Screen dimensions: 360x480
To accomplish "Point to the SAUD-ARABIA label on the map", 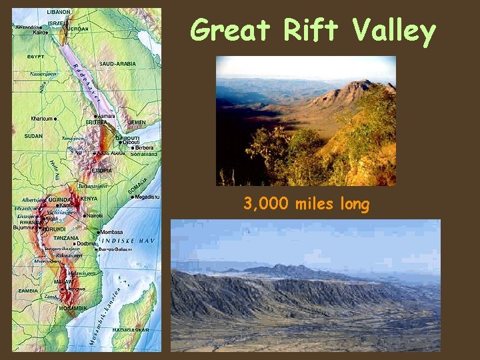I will pos(117,64).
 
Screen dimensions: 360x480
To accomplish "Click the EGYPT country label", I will pos(36,57).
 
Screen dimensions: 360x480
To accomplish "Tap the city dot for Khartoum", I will pos(56,119).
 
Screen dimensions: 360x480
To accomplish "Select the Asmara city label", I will pos(106,116).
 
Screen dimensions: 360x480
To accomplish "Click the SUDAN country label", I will pos(33,135).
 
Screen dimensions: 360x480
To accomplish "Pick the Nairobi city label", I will pos(93,216).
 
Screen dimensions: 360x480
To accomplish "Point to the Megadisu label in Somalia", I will pos(146,197).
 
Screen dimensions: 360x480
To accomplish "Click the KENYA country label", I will pos(89,199).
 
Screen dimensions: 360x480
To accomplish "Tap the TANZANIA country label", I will pos(66,238).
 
